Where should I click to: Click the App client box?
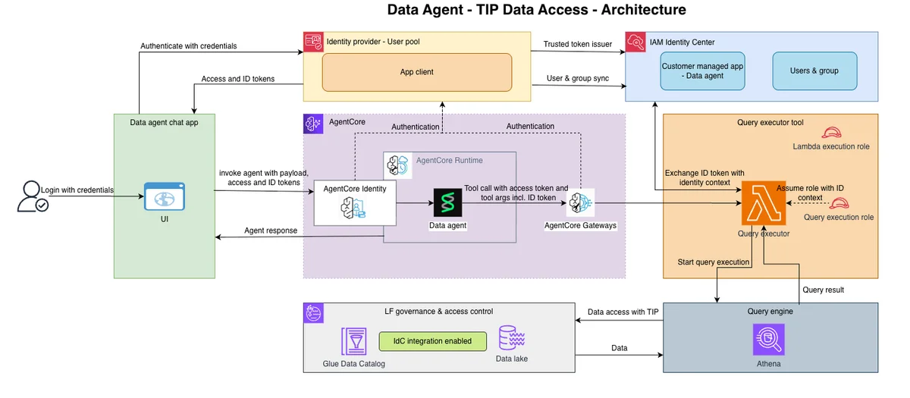click(x=417, y=72)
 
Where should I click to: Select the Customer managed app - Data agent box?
click(x=702, y=71)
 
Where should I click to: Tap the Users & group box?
click(x=814, y=71)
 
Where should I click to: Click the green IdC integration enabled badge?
click(x=433, y=341)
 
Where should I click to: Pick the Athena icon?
click(x=769, y=340)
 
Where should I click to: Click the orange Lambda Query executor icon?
click(x=764, y=203)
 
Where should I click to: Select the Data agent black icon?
click(x=447, y=202)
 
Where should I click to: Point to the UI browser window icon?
click(x=165, y=196)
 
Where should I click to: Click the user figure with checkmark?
click(x=33, y=196)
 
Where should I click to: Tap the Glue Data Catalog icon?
click(x=354, y=341)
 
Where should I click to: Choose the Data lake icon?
click(x=512, y=337)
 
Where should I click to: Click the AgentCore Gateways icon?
click(x=580, y=202)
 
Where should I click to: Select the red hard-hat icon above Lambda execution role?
click(x=831, y=133)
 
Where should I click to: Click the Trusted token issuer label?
click(x=578, y=44)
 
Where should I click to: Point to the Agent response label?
click(x=271, y=230)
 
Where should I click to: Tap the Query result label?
click(x=823, y=290)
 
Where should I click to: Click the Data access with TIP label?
click(x=623, y=312)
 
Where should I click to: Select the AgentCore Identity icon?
click(x=353, y=208)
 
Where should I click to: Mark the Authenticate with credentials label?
click(x=189, y=46)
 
